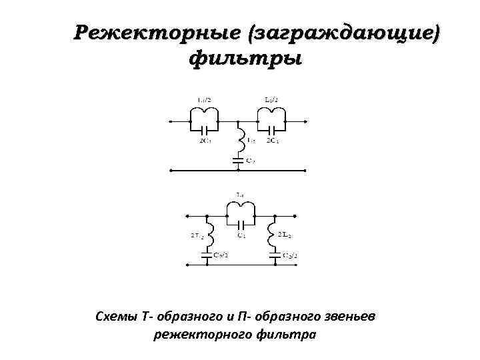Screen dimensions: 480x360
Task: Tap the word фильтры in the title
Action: (x=246, y=59)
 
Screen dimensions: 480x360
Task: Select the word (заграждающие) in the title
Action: (x=345, y=32)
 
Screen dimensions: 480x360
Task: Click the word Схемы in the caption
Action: (x=117, y=315)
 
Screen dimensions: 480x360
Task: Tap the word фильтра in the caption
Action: (x=286, y=334)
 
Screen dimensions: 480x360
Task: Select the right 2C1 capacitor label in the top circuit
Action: (x=272, y=141)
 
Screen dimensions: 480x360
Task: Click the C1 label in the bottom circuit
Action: (x=241, y=235)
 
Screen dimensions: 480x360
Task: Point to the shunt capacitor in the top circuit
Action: (x=239, y=159)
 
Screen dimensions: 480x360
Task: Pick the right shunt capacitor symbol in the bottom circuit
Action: (x=273, y=255)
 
